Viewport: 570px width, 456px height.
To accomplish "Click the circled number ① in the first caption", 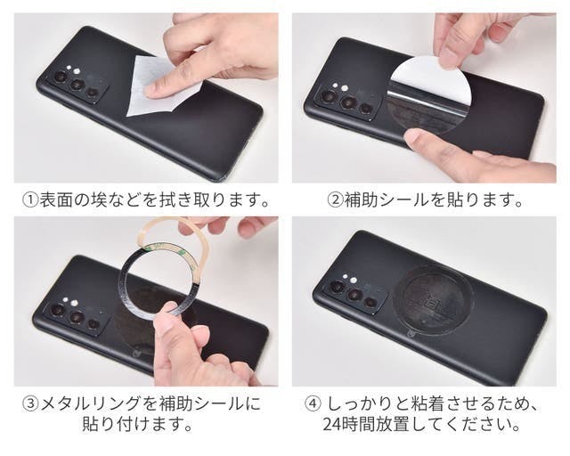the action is point(30,199).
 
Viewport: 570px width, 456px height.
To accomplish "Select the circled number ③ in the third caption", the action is point(30,403).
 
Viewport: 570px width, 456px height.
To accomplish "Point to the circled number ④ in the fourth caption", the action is point(312,403).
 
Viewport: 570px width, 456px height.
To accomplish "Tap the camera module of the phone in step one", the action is point(77,85).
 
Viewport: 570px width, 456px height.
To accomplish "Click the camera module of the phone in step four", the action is point(354,290).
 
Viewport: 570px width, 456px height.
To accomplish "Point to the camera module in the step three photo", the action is point(76,313).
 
